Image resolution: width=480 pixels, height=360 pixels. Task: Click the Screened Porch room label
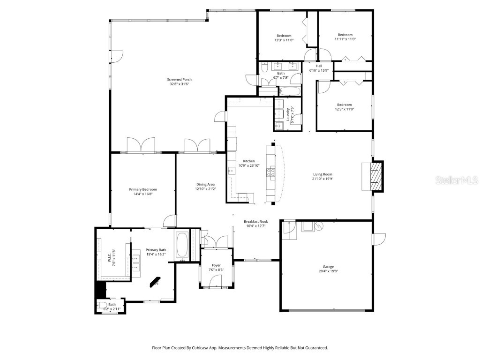coord(180,79)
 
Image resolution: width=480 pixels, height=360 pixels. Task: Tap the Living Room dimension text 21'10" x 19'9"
coord(322,179)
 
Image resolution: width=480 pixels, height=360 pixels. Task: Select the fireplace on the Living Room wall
coord(375,176)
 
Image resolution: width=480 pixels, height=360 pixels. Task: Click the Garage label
coord(328,266)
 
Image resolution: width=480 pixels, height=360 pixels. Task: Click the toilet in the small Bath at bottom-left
coord(103,306)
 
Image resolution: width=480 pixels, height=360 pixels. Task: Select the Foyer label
coord(216,265)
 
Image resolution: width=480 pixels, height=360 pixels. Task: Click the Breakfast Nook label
coord(255,221)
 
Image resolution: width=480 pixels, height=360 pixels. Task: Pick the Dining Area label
coord(205,184)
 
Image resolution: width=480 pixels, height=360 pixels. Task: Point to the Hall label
coord(319,66)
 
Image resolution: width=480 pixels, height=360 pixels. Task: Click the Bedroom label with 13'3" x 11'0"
coord(284,36)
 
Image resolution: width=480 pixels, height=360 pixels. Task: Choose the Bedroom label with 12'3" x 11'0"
coord(345,105)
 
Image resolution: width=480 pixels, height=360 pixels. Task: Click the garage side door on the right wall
coord(377,239)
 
